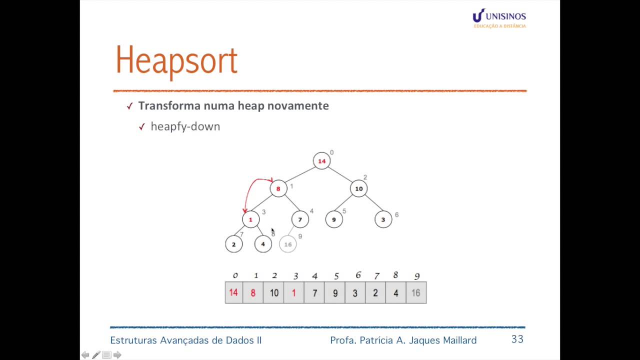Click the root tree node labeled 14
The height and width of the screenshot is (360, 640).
click(x=321, y=161)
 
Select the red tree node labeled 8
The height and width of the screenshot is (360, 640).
click(x=278, y=188)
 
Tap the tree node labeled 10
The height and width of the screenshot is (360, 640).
click(x=358, y=188)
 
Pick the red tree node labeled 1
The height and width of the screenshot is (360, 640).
click(x=250, y=219)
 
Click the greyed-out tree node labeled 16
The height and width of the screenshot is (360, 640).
click(x=287, y=244)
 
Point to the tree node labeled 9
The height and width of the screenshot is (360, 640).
click(x=333, y=219)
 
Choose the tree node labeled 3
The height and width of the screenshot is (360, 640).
click(x=383, y=219)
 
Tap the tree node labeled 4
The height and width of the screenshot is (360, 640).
click(x=263, y=244)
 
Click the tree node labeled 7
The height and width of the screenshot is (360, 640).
click(x=300, y=219)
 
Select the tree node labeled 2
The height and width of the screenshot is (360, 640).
click(x=233, y=244)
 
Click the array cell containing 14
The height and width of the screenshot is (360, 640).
click(x=233, y=292)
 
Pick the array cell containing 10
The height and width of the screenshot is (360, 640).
click(x=274, y=292)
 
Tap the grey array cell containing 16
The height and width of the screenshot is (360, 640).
click(x=416, y=292)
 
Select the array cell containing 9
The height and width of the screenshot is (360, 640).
click(x=335, y=292)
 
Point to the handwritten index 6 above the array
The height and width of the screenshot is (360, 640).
click(x=358, y=275)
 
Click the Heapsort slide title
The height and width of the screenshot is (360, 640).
click(x=176, y=60)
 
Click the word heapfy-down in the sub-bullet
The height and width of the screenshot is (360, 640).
click(x=185, y=126)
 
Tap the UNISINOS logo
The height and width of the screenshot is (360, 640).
click(x=499, y=18)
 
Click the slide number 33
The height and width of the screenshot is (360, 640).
click(x=517, y=339)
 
